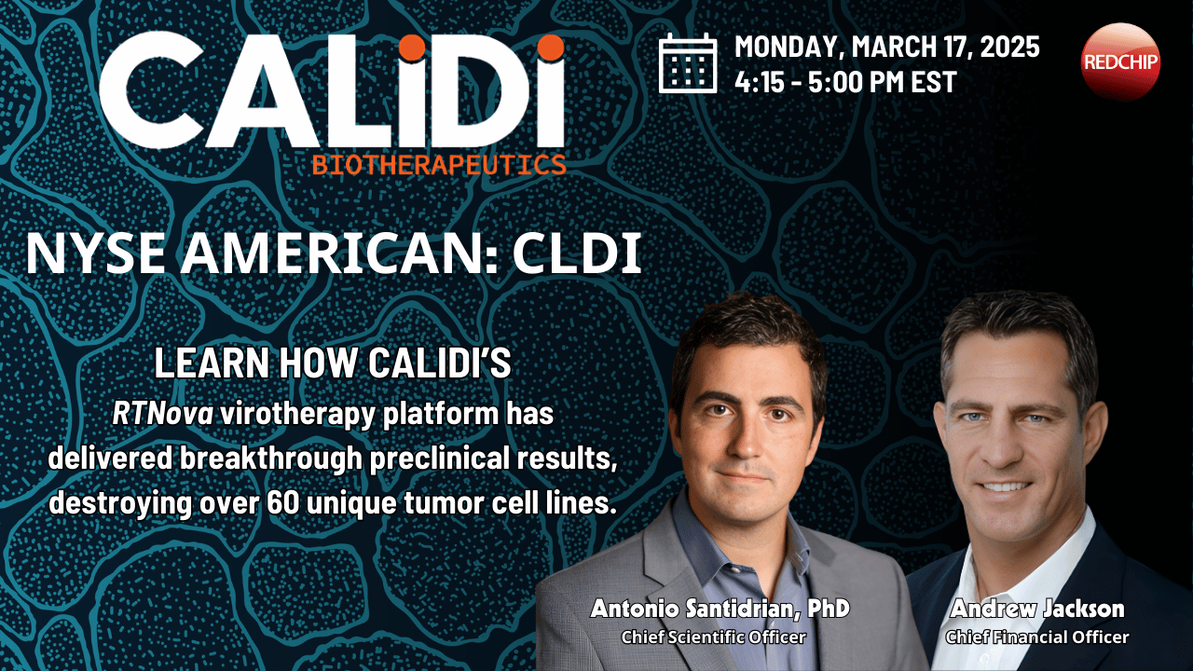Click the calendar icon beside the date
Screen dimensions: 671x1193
[688, 63]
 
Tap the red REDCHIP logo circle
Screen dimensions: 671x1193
[1120, 62]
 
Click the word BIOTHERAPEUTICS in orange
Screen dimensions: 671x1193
[439, 165]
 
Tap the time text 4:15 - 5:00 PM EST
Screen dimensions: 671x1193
[845, 82]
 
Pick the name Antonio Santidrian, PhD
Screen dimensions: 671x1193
[720, 609]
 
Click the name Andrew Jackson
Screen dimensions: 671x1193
[1036, 609]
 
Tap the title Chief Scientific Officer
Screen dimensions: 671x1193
[713, 637]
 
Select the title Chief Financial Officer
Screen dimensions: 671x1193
[1036, 637]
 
